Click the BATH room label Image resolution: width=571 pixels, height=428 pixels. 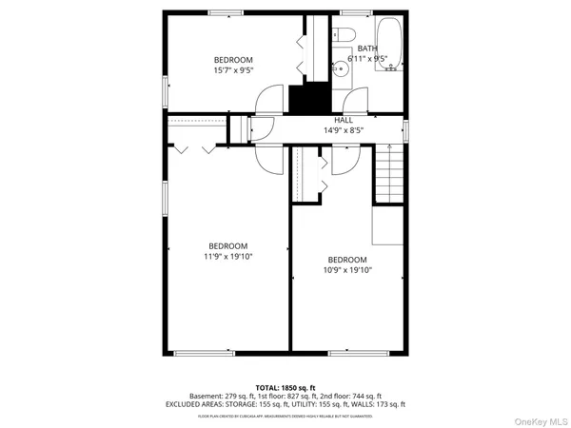pyautogui.click(x=367, y=48)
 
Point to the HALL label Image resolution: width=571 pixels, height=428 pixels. pyautogui.click(x=343, y=120)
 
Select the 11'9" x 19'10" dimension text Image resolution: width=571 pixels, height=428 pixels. pyautogui.click(x=227, y=256)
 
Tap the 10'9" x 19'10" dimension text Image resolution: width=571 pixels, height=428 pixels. pyautogui.click(x=347, y=270)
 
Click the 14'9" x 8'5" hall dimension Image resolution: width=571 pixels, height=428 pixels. pyautogui.click(x=344, y=130)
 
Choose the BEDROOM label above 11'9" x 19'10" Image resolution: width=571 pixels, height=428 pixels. pyautogui.click(x=227, y=245)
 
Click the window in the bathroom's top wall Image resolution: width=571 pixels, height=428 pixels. pyautogui.click(x=356, y=12)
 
